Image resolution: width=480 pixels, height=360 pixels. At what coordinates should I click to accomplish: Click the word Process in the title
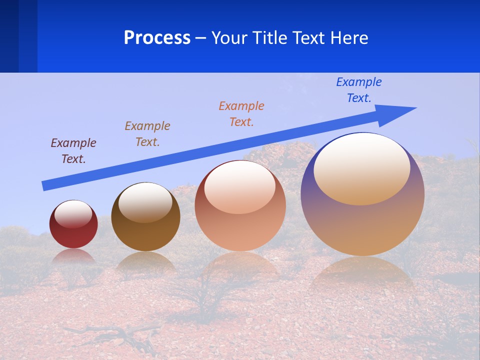[x=157, y=38]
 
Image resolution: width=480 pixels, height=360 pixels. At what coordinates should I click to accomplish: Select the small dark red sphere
[x=73, y=232]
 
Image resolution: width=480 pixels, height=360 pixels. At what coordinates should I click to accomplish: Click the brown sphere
[x=145, y=230]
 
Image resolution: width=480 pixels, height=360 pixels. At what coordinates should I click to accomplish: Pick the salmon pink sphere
[x=240, y=225]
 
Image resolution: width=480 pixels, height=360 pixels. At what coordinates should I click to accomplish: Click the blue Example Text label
[x=358, y=90]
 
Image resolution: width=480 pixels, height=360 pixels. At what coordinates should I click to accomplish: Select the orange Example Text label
[x=241, y=114]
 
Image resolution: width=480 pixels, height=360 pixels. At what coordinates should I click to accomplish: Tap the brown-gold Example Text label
[x=147, y=134]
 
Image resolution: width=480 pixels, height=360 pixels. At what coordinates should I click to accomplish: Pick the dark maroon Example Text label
[x=73, y=151]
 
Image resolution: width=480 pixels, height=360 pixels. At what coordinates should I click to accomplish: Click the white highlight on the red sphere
[x=73, y=214]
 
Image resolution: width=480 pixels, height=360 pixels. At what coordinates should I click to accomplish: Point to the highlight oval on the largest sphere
[x=361, y=169]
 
